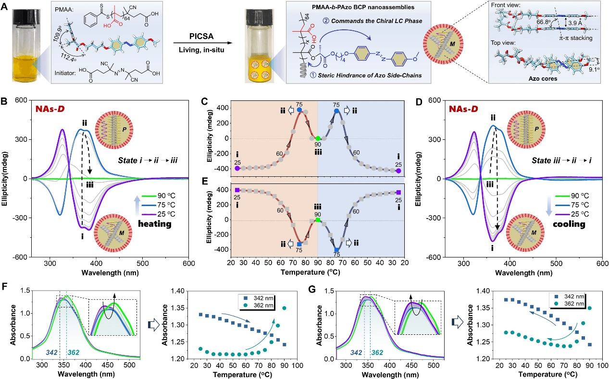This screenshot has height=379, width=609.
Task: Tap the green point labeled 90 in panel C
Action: coord(318,138)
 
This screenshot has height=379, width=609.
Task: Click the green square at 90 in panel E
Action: coord(318,220)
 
